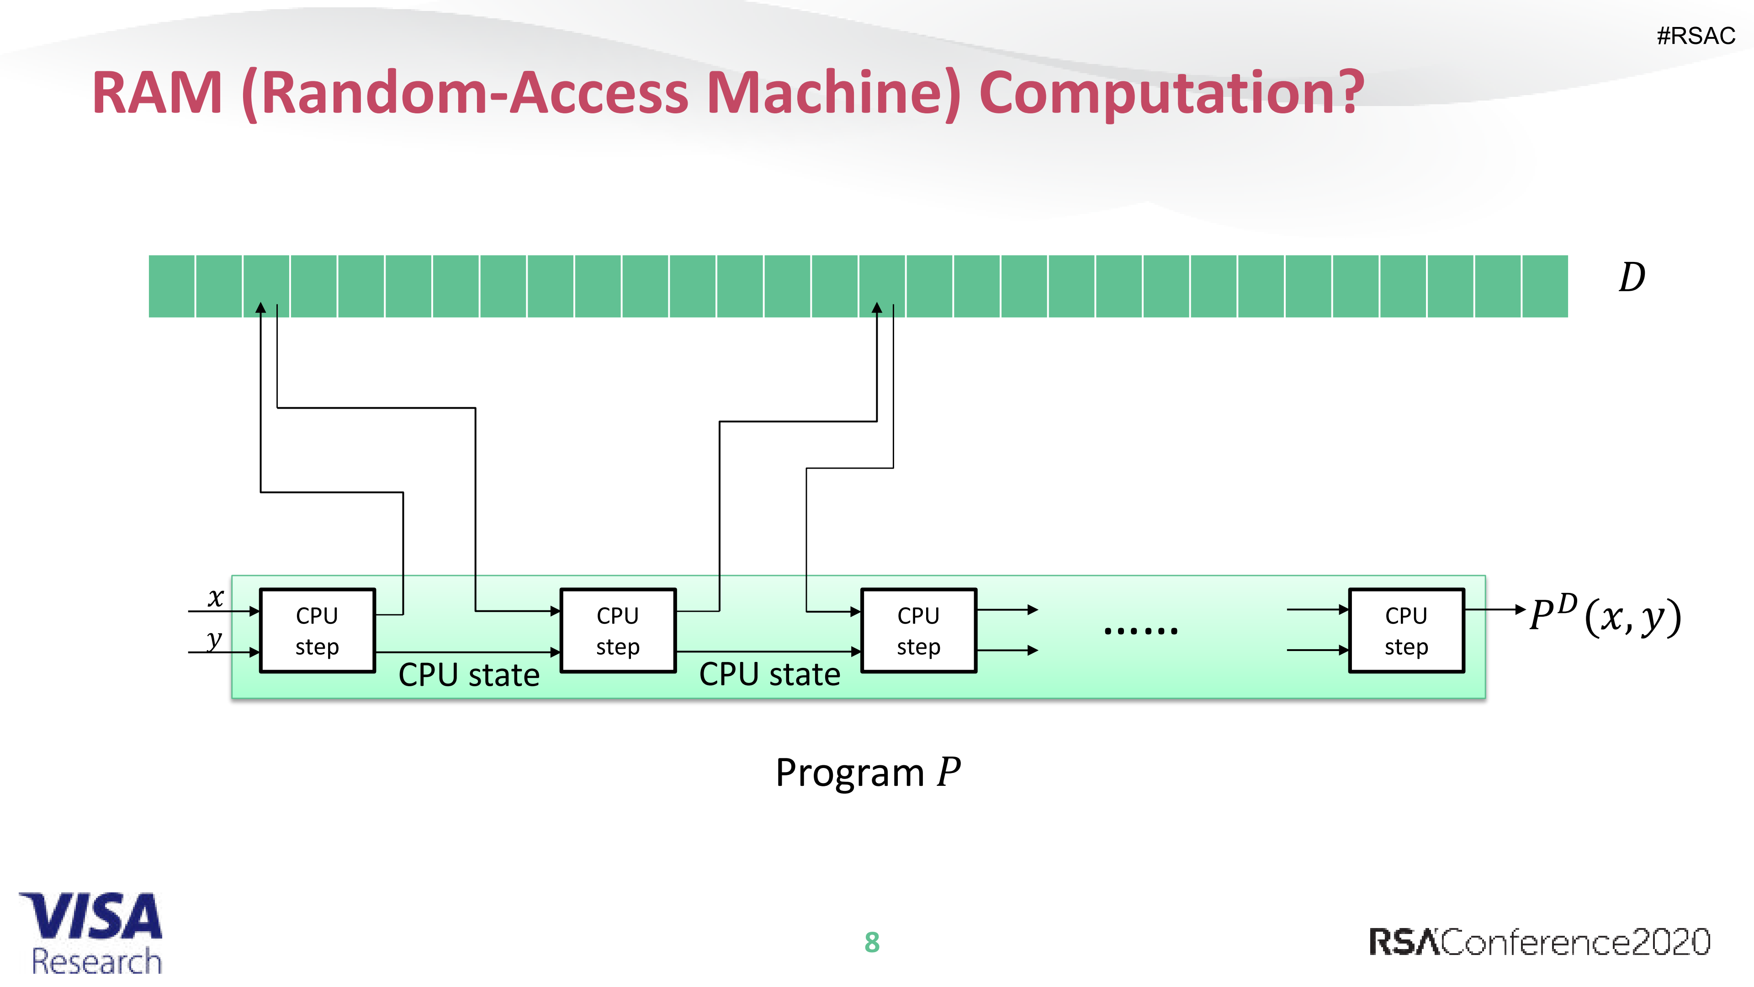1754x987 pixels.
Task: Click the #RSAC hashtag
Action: pyautogui.click(x=1696, y=35)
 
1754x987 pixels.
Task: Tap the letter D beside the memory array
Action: pyautogui.click(x=1632, y=278)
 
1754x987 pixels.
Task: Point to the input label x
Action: pyautogui.click(x=215, y=598)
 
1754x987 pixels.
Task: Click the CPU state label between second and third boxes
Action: pyautogui.click(x=769, y=674)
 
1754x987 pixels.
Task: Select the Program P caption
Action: pyautogui.click(x=868, y=773)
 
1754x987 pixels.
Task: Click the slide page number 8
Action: pyautogui.click(x=872, y=942)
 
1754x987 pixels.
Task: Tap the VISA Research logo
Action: pyautogui.click(x=92, y=933)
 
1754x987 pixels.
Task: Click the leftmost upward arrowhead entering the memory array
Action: pyautogui.click(x=261, y=309)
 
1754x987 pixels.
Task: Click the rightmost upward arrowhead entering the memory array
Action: pyautogui.click(x=877, y=309)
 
